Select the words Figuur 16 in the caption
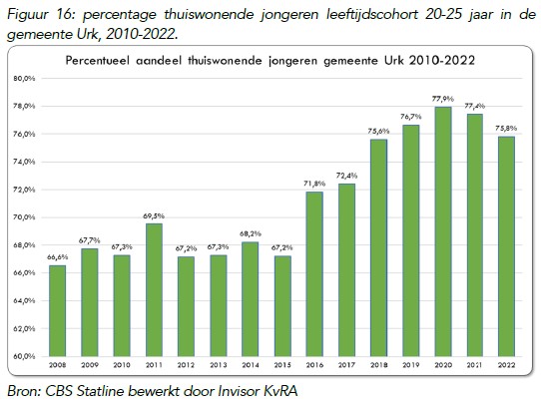(x=35, y=10)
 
